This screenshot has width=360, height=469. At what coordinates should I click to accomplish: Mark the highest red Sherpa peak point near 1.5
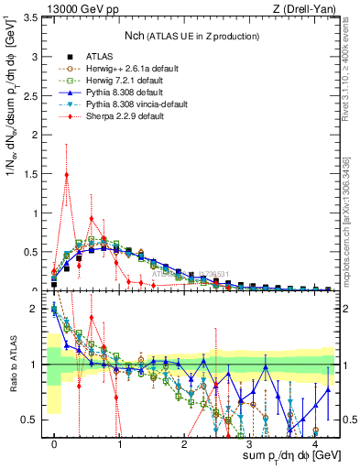[67, 174]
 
